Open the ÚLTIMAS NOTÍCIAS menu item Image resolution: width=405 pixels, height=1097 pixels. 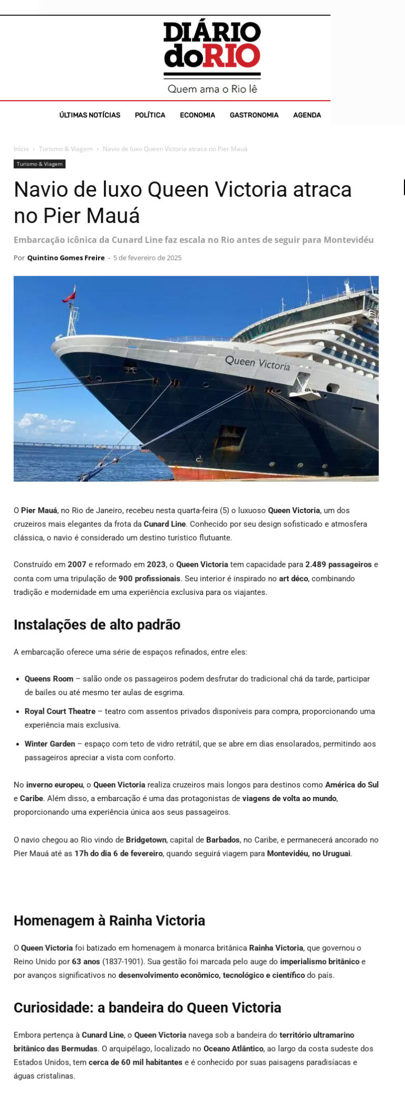[90, 115]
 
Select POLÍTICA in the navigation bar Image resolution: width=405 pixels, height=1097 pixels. [150, 115]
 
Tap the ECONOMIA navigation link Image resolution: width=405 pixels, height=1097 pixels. [197, 115]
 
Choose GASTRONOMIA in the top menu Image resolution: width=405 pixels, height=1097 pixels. [254, 115]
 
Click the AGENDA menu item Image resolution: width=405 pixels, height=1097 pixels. [307, 115]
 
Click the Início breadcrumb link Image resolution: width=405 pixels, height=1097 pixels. [21, 149]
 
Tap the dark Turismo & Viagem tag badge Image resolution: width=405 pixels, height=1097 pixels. [40, 164]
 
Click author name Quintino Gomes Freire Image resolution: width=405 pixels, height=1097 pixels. [66, 258]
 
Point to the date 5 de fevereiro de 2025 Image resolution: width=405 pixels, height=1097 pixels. [147, 258]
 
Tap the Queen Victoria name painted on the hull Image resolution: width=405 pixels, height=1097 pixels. [257, 363]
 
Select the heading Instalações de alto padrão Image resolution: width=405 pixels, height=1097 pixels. [97, 625]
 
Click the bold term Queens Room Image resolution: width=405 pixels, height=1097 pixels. [49, 679]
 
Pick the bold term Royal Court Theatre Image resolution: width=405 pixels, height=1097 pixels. [60, 711]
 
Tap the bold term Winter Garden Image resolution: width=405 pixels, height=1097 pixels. [50, 744]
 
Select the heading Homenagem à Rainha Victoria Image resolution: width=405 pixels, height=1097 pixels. [109, 920]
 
